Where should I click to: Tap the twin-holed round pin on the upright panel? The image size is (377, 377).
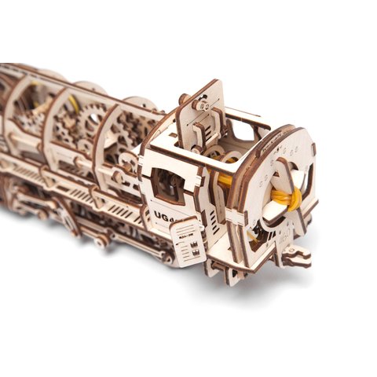[x=206, y=102]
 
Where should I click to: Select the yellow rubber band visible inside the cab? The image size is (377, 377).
[x=225, y=180]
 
